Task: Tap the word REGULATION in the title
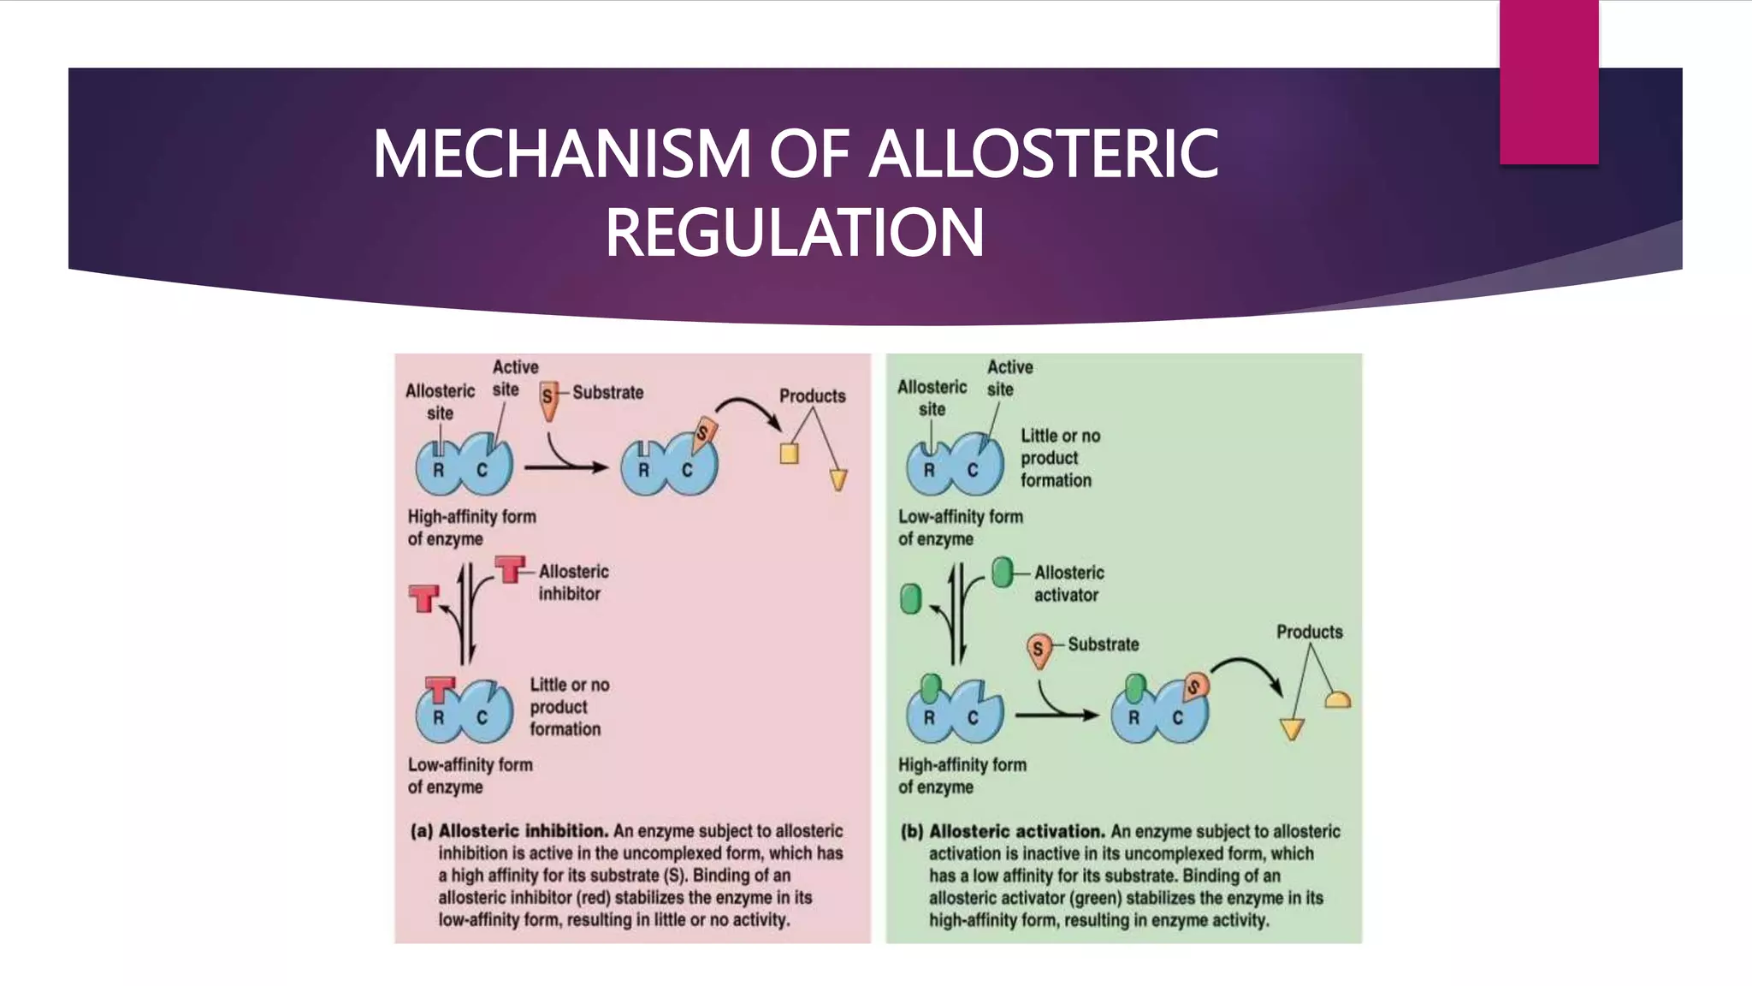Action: click(795, 233)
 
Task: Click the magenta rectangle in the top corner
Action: click(1548, 82)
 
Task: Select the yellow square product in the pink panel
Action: click(789, 453)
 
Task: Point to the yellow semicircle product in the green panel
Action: click(1337, 700)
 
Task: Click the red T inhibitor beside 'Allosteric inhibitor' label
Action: click(511, 568)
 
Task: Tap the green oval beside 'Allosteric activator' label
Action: click(1002, 572)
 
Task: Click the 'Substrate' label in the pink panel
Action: click(607, 393)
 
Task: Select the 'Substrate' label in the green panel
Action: click(1103, 644)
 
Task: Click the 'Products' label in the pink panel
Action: click(812, 396)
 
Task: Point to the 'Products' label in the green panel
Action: click(1309, 633)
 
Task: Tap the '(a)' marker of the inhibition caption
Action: click(421, 831)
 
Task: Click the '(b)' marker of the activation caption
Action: click(912, 832)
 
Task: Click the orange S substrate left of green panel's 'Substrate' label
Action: click(1038, 650)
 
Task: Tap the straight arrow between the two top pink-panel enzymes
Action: click(565, 467)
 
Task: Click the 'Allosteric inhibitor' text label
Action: click(572, 582)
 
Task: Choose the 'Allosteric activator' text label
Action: click(1068, 584)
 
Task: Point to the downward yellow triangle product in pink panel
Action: click(838, 479)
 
